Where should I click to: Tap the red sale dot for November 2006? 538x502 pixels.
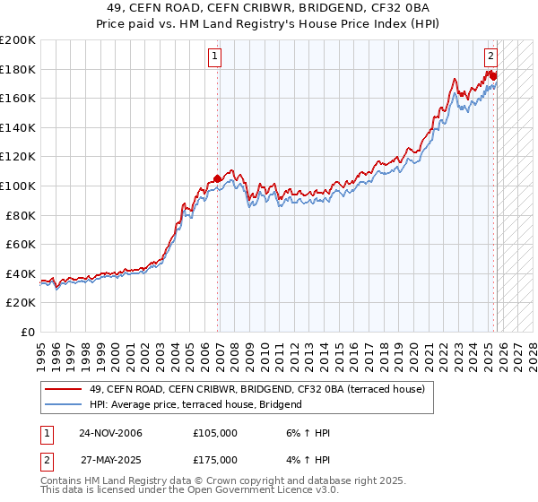pos(217,178)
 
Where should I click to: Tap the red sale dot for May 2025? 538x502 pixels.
pos(493,75)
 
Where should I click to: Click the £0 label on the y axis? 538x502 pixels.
pos(27,332)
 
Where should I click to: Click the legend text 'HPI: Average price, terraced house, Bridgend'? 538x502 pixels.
pos(195,404)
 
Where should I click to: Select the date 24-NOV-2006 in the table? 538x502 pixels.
pos(110,433)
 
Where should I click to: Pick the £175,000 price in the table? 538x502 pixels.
pos(214,460)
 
